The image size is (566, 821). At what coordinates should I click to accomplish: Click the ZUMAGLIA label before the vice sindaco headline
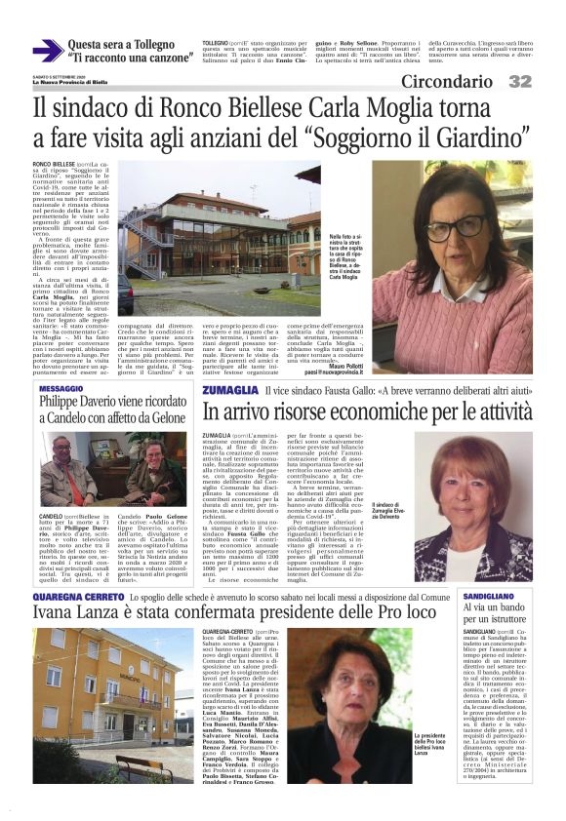(x=230, y=390)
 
